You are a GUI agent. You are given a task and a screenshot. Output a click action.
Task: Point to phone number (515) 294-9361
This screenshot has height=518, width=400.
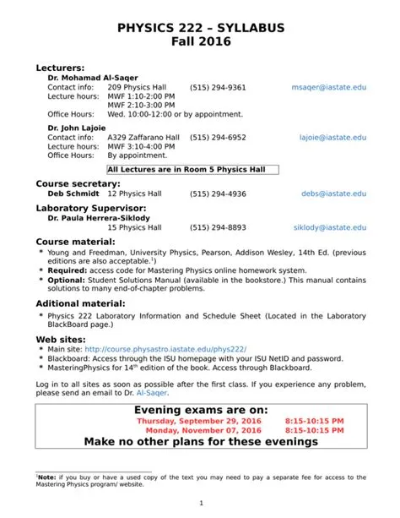pyautogui.click(x=218, y=87)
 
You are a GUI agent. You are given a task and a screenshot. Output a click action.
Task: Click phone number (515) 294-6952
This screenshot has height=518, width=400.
pyautogui.click(x=218, y=137)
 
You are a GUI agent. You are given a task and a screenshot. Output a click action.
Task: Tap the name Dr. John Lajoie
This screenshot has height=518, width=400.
pyautogui.click(x=77, y=128)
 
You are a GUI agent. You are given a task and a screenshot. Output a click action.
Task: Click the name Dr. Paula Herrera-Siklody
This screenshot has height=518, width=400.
pyautogui.click(x=99, y=218)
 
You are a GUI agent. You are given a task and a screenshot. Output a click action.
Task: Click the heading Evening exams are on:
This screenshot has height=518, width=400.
pyautogui.click(x=200, y=410)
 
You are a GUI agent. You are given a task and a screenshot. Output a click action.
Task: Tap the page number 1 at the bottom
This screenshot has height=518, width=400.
pyautogui.click(x=200, y=504)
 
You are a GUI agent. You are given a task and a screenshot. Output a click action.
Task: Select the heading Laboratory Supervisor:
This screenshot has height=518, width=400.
pyautogui.click(x=91, y=207)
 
